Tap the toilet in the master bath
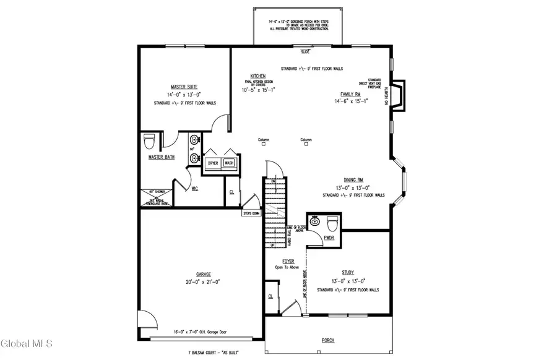point(149,142)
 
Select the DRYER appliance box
point(213,163)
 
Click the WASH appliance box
point(229,163)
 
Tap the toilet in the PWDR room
point(332,222)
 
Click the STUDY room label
point(348,272)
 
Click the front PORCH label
point(328,341)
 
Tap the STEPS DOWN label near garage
point(251,213)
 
